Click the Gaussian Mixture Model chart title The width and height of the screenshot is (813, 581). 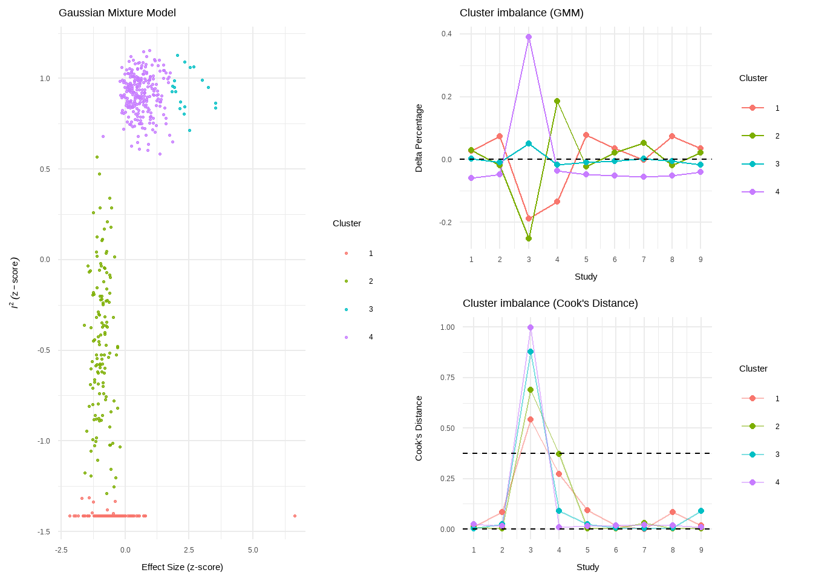(117, 13)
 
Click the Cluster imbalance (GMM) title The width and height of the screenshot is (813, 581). (521, 13)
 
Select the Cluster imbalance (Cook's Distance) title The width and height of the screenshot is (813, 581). (550, 303)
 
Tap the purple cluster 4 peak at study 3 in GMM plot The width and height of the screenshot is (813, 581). (529, 37)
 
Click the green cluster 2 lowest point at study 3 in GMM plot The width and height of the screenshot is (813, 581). (529, 238)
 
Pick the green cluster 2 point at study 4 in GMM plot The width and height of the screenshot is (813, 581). (557, 102)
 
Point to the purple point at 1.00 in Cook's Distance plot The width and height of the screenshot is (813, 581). (531, 327)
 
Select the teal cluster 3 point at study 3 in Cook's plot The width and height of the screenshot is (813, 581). (531, 352)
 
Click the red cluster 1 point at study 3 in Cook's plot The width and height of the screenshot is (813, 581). (531, 419)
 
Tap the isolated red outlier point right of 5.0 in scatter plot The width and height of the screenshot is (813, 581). (295, 516)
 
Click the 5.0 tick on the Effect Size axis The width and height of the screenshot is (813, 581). (253, 550)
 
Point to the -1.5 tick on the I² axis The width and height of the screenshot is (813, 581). (44, 532)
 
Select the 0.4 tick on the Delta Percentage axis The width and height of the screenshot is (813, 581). (446, 34)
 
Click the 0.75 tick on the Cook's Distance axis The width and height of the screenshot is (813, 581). (448, 378)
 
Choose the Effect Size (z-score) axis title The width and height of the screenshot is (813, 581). (182, 567)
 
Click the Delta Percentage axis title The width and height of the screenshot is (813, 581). (419, 138)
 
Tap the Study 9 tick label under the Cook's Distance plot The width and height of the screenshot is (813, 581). (701, 550)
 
